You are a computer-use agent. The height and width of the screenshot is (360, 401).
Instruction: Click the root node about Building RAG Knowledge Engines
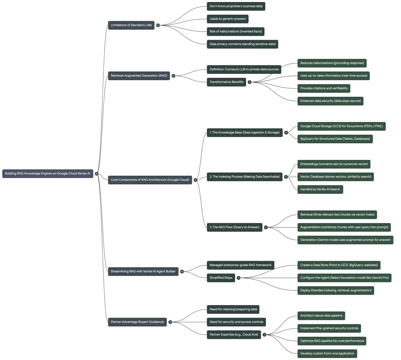48,174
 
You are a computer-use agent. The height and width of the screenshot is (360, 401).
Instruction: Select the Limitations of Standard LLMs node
131,25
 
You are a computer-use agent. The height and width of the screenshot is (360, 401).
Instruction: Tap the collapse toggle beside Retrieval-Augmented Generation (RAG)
173,76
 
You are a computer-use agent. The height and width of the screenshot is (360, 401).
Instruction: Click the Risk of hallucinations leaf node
235,32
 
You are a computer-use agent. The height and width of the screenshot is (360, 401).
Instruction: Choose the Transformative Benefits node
227,82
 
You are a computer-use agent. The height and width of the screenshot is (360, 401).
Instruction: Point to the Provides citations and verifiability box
324,88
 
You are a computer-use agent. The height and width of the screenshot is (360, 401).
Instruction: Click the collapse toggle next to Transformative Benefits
249,82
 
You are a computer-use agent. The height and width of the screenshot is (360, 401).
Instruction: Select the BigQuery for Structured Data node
335,139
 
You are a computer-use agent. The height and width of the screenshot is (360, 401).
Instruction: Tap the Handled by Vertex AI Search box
320,189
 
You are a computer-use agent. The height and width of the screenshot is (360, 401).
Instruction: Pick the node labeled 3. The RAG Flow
235,227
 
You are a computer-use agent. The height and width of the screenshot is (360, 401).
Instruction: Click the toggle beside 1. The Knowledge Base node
286,132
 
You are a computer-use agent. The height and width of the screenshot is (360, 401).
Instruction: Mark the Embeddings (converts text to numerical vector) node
334,164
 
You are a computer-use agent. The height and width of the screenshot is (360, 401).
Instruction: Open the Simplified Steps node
221,278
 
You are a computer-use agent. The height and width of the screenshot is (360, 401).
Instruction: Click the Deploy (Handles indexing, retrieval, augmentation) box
336,290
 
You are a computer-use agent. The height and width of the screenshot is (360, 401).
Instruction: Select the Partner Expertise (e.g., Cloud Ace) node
234,335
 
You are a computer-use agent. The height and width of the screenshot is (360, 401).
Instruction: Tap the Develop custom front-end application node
327,353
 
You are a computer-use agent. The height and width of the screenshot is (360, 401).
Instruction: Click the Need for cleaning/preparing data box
233,309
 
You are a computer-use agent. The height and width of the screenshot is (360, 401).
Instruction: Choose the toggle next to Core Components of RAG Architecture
196,180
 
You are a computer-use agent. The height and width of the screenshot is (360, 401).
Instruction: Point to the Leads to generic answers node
228,19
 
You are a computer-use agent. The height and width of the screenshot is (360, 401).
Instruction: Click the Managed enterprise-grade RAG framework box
241,265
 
